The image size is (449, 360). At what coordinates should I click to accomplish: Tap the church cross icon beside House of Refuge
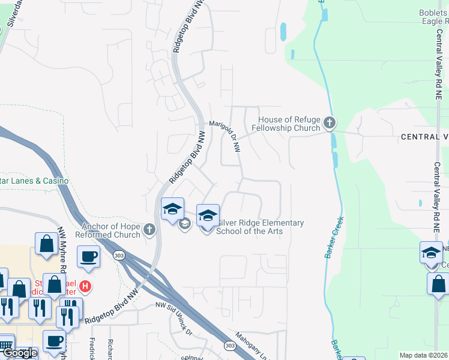pyautogui.click(x=329, y=124)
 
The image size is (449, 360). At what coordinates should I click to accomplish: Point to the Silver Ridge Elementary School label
pyautogui.click(x=259, y=226)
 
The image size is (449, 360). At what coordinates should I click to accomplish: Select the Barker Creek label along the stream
pyautogui.click(x=334, y=237)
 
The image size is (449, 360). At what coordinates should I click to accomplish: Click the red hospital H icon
pyautogui.click(x=86, y=287)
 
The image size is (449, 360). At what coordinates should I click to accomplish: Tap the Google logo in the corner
pyautogui.click(x=19, y=353)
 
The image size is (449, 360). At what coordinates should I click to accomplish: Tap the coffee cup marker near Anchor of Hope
pyautogui.click(x=88, y=256)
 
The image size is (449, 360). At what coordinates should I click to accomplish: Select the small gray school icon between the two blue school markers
pyautogui.click(x=184, y=224)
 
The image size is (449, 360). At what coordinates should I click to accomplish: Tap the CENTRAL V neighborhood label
pyautogui.click(x=424, y=137)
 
